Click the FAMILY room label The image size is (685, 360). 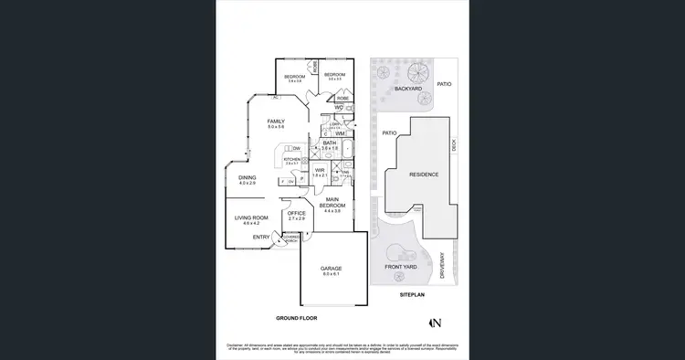276,121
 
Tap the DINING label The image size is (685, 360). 248,177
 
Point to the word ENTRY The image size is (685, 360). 261,237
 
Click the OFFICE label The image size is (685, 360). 297,213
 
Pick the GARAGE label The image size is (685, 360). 331,269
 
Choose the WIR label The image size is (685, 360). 320,169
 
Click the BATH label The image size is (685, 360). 330,142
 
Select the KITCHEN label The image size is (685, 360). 292,159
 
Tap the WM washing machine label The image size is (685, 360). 340,133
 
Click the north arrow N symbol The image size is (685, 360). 437,321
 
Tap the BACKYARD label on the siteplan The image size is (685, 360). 407,89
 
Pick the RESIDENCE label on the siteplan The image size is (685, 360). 424,175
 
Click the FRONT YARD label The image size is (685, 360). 400,267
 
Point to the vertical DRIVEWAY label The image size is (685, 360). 441,264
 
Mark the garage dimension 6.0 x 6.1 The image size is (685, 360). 331,274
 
